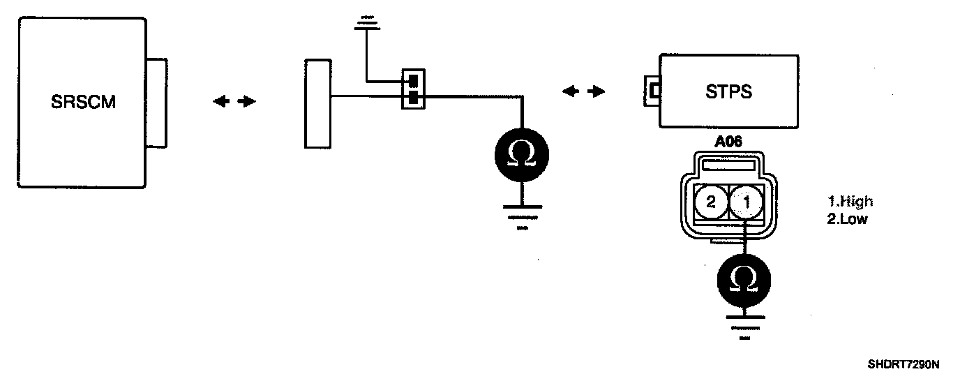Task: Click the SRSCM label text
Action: point(83,103)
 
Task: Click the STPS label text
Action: point(729,91)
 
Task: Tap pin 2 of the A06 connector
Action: point(710,203)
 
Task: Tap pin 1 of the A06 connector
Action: point(745,203)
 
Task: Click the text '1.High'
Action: point(850,202)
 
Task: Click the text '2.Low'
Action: point(846,218)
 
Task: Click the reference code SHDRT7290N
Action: point(903,364)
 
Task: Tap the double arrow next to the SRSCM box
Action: point(234,102)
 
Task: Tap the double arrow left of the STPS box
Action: point(583,91)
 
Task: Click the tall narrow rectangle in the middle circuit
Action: point(317,104)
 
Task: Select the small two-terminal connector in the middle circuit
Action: point(413,89)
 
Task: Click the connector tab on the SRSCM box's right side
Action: point(157,103)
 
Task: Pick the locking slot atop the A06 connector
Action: point(727,165)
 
